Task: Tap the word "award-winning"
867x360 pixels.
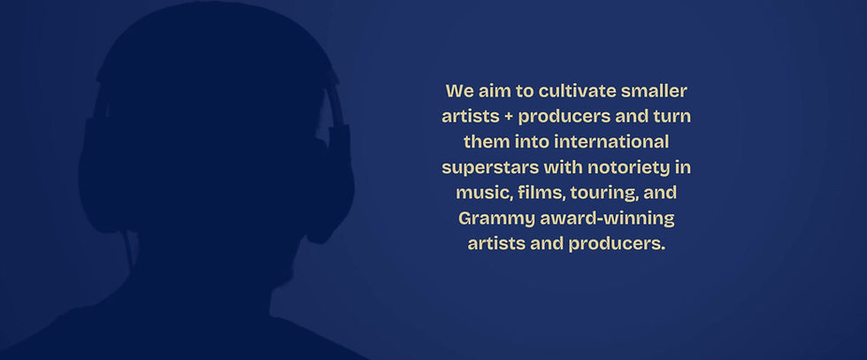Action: coord(607,219)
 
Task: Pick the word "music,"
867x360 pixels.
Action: coord(485,194)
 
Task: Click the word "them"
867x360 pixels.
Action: coord(487,142)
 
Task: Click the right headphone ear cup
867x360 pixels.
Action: coord(331,182)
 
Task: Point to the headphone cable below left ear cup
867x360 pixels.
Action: coord(130,251)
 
